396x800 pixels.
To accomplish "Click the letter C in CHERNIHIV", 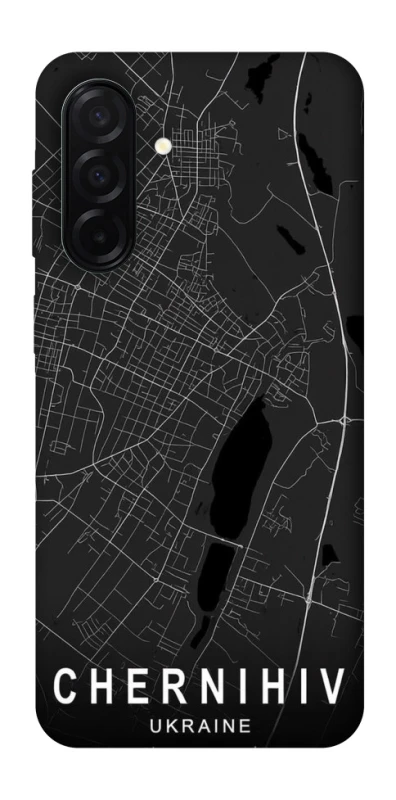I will [65, 689].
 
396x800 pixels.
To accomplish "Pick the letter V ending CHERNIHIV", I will [333, 689].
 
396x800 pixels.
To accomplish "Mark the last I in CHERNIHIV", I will [296, 689].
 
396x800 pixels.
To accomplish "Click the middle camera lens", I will [100, 174].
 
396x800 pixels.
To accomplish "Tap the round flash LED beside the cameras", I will [162, 146].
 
